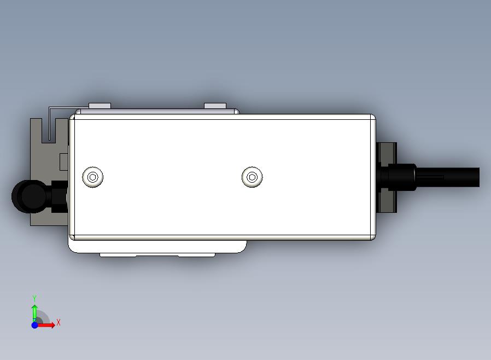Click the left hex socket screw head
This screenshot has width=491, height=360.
coord(93,177)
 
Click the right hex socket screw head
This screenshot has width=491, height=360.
coord(252,177)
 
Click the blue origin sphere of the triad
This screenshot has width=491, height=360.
coord(35,325)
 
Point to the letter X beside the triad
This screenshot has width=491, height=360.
coord(59,322)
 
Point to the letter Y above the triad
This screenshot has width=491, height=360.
coord(34,298)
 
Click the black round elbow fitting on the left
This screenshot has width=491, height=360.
coord(29,196)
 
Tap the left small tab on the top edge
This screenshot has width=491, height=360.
coord(100,106)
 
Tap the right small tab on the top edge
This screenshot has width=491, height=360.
coord(215,106)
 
